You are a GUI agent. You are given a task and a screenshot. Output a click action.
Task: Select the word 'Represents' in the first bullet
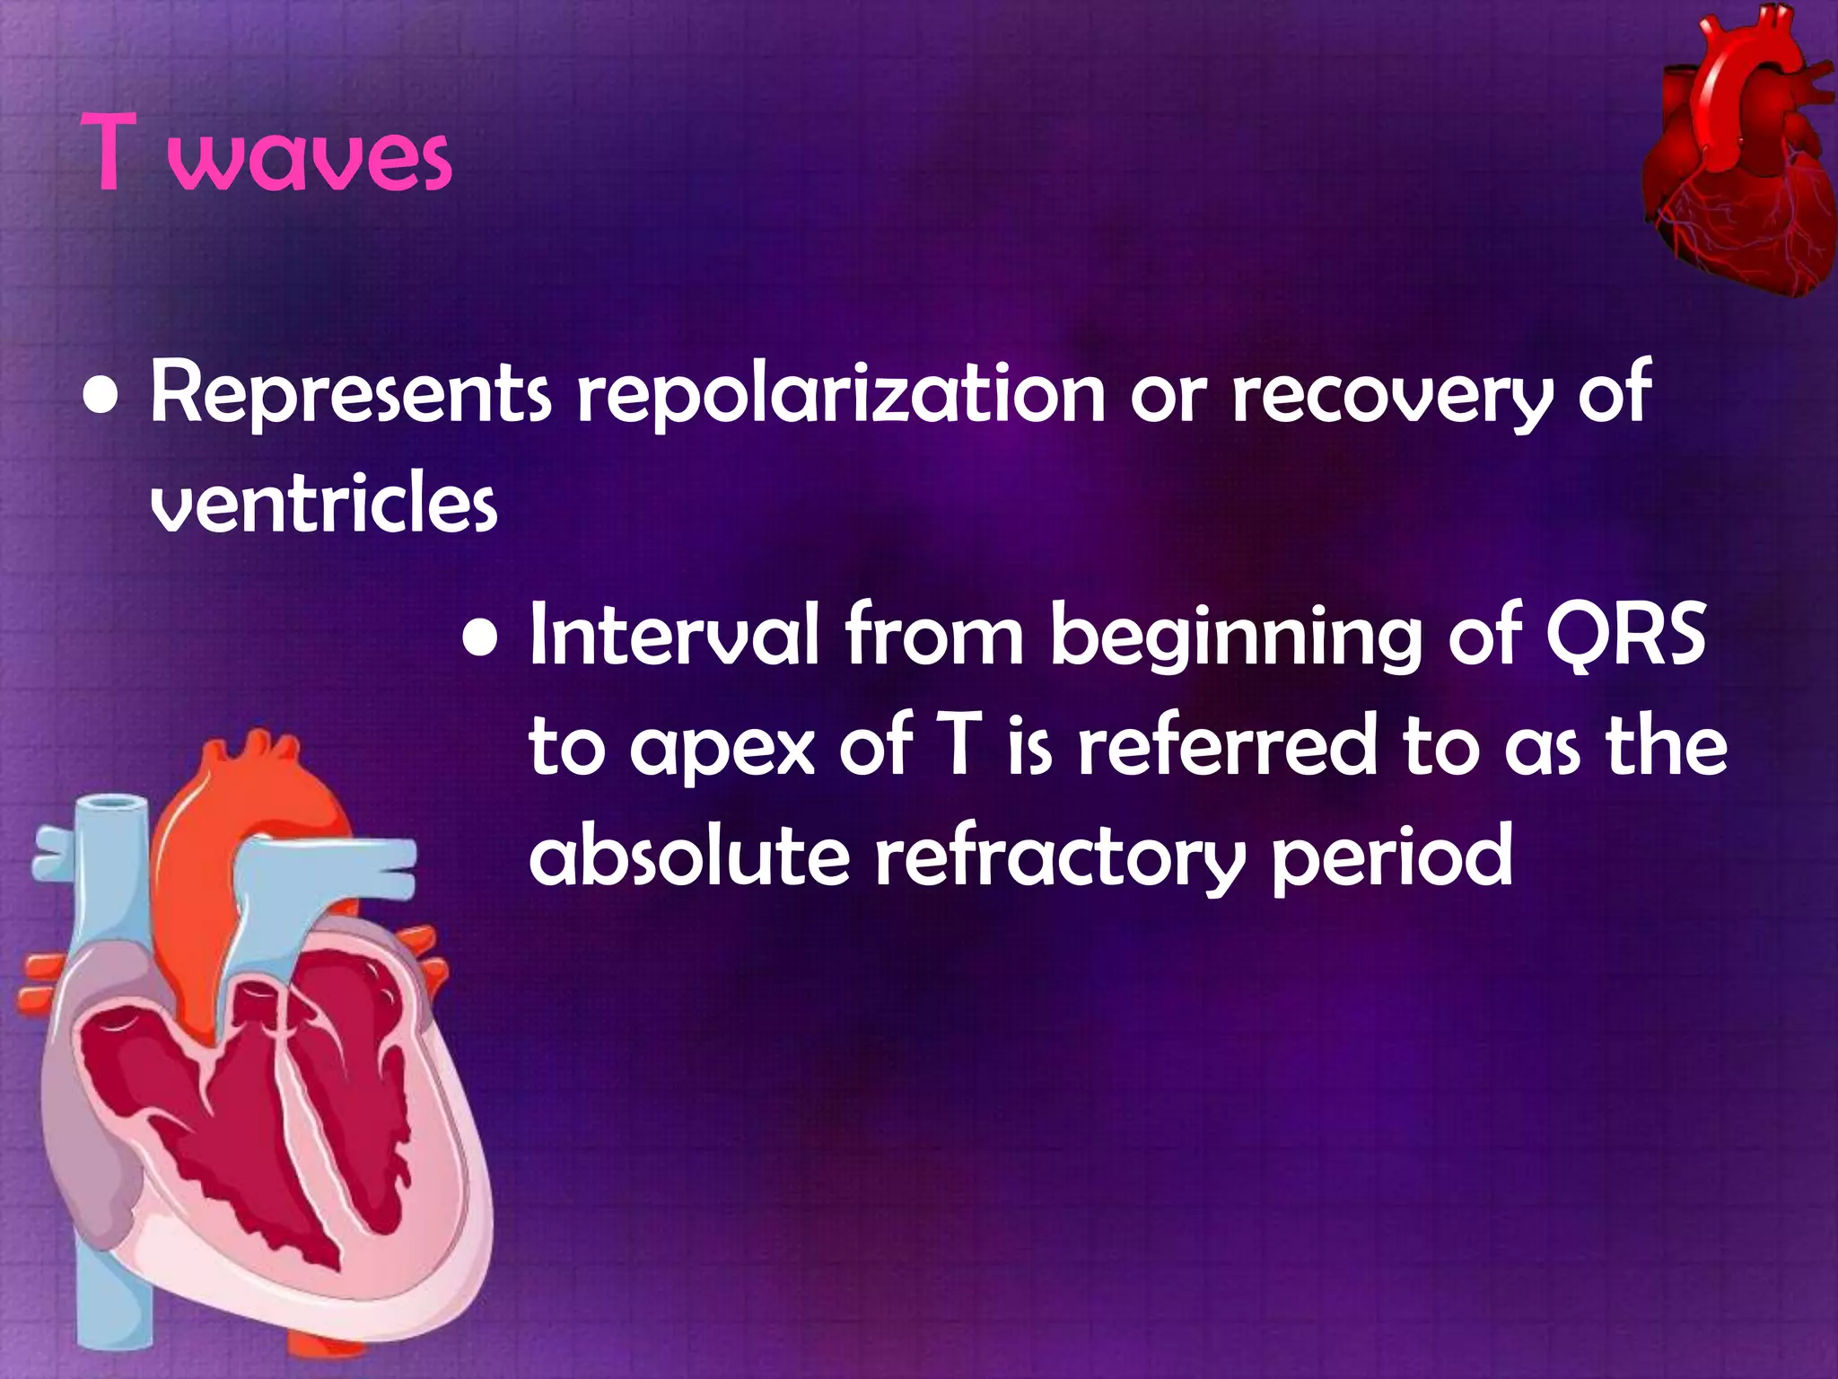(350, 395)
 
